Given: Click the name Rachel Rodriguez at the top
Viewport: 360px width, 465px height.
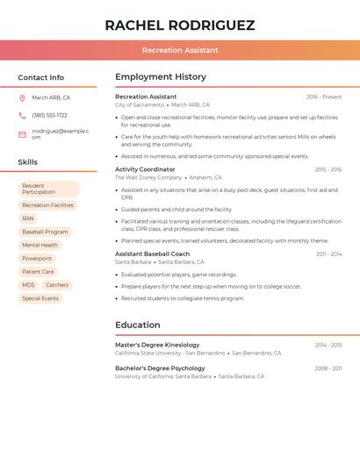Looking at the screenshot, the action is tap(180, 25).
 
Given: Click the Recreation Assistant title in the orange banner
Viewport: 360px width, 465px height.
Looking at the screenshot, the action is tap(180, 51).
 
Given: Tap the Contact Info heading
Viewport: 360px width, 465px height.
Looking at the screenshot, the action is tap(41, 77).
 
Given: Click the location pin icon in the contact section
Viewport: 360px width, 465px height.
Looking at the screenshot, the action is tap(22, 98).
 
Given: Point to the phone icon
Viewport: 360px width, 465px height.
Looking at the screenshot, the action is tap(22, 116).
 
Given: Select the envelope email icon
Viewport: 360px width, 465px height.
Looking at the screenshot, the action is tap(22, 134).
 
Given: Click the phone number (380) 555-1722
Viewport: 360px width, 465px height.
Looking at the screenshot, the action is tap(49, 116).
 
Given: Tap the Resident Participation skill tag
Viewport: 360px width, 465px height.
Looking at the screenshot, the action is tap(48, 189).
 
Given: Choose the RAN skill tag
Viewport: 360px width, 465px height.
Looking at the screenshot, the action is tap(28, 218).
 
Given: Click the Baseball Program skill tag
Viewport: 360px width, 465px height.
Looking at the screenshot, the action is tap(45, 232).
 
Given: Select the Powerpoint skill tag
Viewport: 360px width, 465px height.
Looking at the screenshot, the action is tap(37, 259).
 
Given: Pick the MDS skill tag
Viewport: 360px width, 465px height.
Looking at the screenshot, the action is tap(28, 285).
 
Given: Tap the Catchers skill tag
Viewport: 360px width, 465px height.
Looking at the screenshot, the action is tap(57, 285).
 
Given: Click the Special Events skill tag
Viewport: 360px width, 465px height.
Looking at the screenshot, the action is tap(40, 298).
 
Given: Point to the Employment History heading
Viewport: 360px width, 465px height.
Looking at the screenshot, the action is tap(161, 77).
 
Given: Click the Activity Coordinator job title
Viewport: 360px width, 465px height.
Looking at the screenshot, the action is tap(145, 169).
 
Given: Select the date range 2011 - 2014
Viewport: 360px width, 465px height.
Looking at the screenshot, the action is tap(329, 254).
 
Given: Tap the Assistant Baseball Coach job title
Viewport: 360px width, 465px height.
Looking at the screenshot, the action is tap(152, 254).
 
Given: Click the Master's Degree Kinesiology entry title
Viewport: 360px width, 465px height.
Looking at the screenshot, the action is tap(157, 345).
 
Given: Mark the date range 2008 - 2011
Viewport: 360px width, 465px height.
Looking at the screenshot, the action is tap(328, 368).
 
